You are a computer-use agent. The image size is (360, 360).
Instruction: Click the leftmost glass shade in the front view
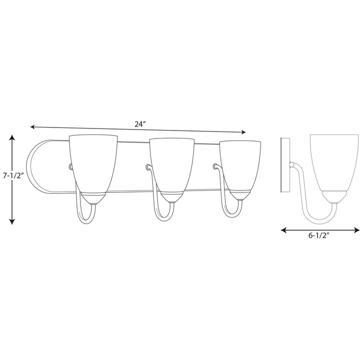coord(93,162)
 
